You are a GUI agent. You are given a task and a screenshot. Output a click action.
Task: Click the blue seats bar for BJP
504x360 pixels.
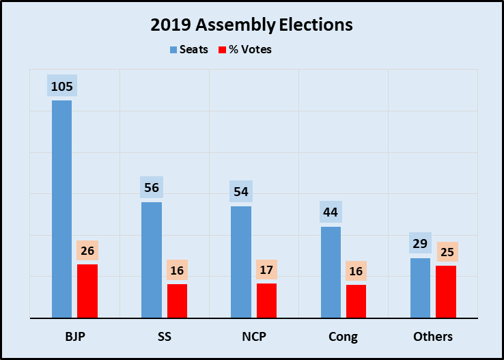coord(61,209)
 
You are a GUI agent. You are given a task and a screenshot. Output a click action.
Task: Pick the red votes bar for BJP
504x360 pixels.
coord(87,291)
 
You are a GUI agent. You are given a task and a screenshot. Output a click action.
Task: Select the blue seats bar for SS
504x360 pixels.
coord(152,260)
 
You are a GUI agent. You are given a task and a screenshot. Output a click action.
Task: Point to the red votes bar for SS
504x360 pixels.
coord(177,301)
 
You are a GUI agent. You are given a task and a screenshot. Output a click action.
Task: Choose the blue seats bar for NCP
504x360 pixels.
coord(241,262)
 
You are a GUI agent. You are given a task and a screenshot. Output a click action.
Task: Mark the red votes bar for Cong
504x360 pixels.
coord(356,301)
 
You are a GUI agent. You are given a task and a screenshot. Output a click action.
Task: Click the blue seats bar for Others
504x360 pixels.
coord(420,288)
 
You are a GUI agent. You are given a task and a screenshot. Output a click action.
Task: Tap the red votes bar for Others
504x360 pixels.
coord(445,292)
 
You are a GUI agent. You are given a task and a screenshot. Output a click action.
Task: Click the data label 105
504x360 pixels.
coord(61,87)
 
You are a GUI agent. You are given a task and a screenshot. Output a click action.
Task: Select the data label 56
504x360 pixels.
coord(152,188)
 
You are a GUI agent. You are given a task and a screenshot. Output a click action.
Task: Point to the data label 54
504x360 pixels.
coord(241,192)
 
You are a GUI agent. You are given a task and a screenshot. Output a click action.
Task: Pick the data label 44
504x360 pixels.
coord(331,212)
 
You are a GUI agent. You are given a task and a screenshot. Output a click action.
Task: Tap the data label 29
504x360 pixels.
coord(420,244)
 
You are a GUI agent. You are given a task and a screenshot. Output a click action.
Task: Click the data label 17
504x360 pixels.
coord(266,270)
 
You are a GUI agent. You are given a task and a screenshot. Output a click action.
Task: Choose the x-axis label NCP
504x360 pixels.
coord(253,337)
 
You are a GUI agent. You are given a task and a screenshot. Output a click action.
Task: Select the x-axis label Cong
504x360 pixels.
coord(343,337)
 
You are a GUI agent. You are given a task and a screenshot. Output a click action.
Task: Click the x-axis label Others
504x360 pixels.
coord(433,337)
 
